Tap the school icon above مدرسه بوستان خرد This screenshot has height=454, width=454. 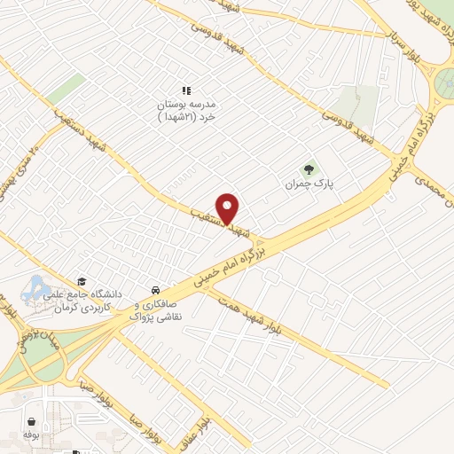[186, 90]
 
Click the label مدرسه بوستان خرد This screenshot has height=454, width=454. [187, 109]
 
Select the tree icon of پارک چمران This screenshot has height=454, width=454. [309, 168]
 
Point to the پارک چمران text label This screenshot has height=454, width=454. [307, 185]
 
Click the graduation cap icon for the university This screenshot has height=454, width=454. [83, 279]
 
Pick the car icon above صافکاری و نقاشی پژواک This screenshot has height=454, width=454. [156, 290]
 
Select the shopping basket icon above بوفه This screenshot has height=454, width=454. [32, 420]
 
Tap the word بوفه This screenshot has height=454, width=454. [32, 436]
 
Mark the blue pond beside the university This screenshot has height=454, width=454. [37, 286]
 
